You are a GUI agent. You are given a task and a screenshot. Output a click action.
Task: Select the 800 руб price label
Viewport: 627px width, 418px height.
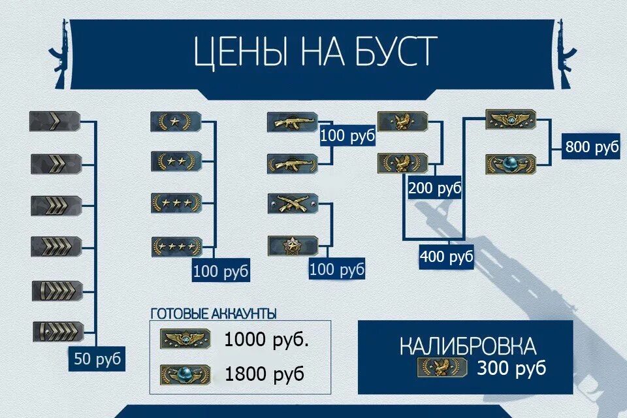click(591, 148)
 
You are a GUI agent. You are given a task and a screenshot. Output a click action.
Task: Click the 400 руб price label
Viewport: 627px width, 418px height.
click(446, 256)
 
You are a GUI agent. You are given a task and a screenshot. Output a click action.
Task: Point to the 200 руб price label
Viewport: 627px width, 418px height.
click(434, 189)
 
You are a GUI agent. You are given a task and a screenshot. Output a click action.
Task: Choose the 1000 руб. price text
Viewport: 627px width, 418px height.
click(266, 340)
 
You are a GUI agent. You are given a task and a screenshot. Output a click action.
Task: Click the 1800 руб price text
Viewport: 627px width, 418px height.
click(265, 374)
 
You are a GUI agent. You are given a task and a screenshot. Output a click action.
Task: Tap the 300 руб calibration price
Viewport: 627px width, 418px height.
click(511, 368)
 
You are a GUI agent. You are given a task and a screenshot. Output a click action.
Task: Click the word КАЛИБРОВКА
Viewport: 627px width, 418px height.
click(468, 346)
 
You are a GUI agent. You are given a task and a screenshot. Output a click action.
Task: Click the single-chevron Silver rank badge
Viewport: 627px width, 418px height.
click(56, 121)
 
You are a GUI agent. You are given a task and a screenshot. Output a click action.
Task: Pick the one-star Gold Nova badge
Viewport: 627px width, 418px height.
click(175, 121)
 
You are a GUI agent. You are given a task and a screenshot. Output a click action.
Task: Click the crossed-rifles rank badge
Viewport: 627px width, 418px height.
click(293, 203)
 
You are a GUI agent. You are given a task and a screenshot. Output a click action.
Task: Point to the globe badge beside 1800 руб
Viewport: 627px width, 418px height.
click(185, 374)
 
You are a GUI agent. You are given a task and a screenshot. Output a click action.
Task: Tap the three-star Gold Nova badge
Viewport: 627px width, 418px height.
click(175, 203)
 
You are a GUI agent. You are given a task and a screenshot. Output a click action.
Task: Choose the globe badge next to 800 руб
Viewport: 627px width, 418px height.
click(510, 164)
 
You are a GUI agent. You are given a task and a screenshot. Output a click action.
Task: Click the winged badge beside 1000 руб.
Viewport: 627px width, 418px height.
click(185, 339)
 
